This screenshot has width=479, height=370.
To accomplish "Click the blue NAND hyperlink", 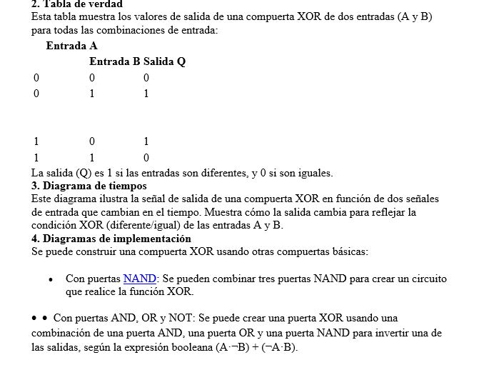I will pyautogui.click(x=139, y=279).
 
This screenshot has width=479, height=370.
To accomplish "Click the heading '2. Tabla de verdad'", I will pyautogui.click(x=77, y=4).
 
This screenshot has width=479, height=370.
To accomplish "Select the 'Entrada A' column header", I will pyautogui.click(x=71, y=46).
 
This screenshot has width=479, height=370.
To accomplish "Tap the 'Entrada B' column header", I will pyautogui.click(x=114, y=62).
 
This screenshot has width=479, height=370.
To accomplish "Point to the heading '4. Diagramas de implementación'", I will pyautogui.click(x=111, y=239).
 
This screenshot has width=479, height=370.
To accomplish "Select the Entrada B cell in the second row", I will pyautogui.click(x=92, y=94).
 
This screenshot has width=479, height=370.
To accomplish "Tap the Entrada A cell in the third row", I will pyautogui.click(x=36, y=141).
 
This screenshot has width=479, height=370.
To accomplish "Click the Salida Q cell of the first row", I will pyautogui.click(x=146, y=78).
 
